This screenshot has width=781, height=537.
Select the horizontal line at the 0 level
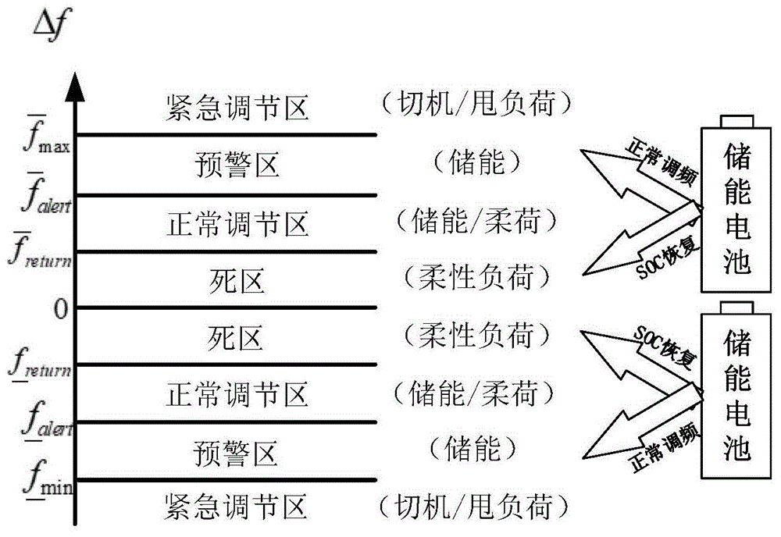coord(226,307)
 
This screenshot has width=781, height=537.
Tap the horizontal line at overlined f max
coord(226,135)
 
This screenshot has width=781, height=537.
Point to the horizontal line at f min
coord(226,479)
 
